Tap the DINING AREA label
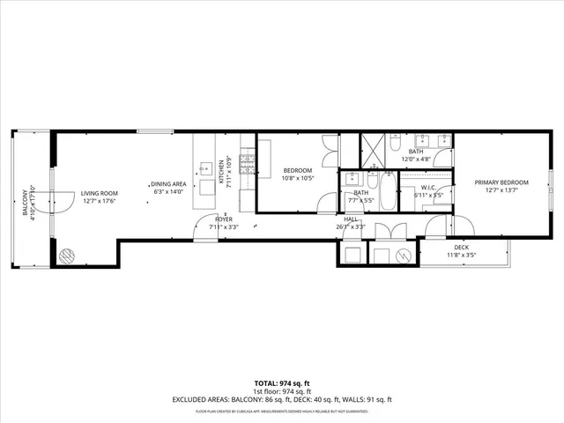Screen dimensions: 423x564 point(172,183)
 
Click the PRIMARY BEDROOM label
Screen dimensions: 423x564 point(500,182)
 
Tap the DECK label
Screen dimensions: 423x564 point(462,249)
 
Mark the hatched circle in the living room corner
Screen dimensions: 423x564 point(67,256)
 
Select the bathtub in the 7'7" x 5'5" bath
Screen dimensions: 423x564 point(389,190)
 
